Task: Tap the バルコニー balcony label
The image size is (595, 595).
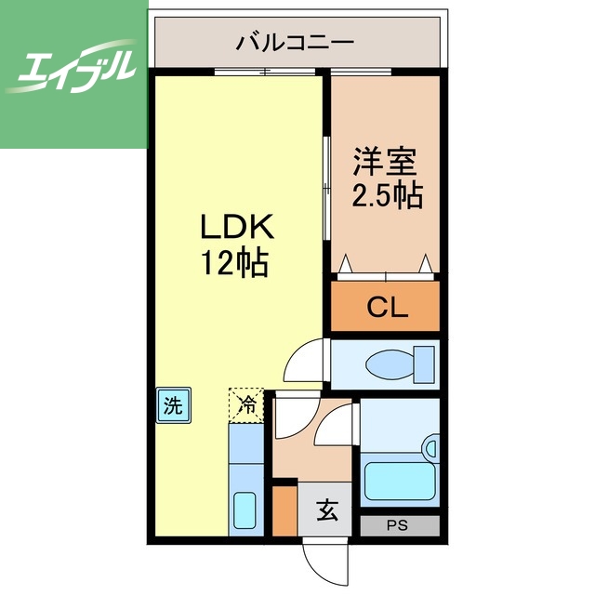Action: click(x=295, y=42)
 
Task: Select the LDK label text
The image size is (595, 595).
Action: click(x=236, y=227)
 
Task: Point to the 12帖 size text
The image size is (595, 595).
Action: click(x=236, y=263)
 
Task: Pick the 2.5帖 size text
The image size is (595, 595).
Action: click(x=386, y=195)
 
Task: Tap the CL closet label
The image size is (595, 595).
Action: click(x=386, y=308)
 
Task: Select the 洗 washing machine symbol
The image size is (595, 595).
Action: click(x=173, y=405)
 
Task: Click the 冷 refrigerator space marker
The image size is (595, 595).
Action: click(x=246, y=404)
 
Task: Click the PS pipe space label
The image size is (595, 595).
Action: click(x=399, y=525)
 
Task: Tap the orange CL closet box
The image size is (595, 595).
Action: click(x=386, y=308)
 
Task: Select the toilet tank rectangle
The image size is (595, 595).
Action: click(x=425, y=363)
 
